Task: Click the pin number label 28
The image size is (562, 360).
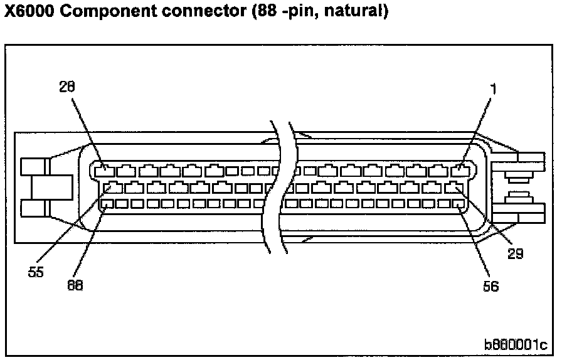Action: click(67, 87)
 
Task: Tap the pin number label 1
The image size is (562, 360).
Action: click(494, 90)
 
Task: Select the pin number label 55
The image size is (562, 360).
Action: click(36, 273)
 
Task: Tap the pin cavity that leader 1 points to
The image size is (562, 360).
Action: click(460, 169)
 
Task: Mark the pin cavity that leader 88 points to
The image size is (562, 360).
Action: click(107, 203)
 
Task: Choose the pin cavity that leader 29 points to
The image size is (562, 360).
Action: click(453, 186)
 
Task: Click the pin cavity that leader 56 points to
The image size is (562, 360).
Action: click(460, 203)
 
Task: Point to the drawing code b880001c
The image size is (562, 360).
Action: click(515, 345)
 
